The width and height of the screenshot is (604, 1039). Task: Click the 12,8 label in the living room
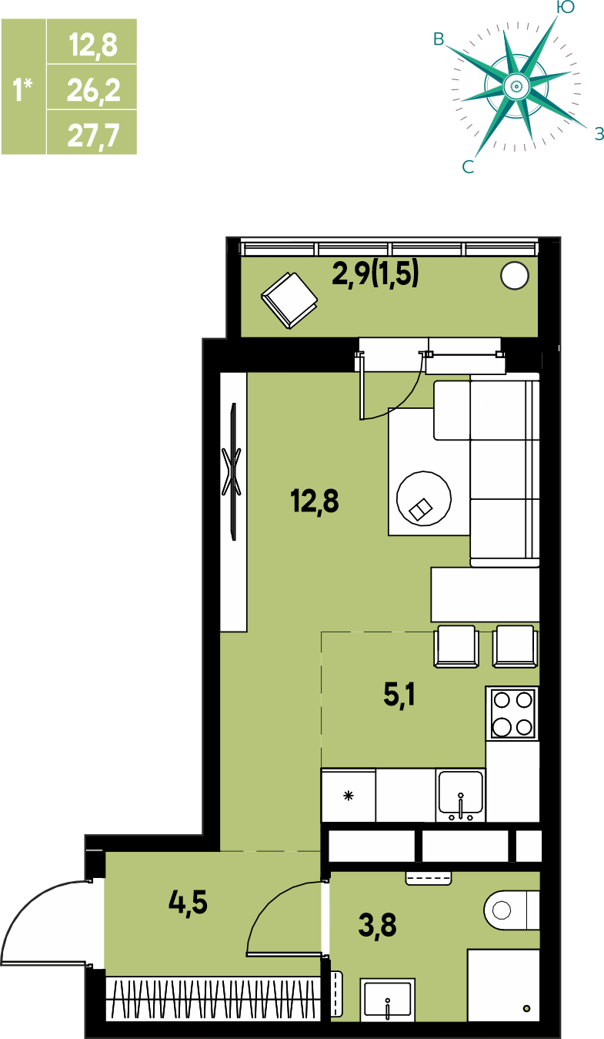315,502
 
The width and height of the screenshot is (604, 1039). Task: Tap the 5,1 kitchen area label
399,695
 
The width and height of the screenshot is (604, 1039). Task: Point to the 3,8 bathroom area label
377,925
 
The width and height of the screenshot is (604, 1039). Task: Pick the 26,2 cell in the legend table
93,90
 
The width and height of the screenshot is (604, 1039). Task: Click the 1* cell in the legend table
23,87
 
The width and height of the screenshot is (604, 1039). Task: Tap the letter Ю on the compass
565,7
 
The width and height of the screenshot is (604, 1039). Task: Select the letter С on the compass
468,166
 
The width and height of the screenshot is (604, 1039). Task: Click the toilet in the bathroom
512,910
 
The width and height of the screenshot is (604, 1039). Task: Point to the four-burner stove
512,714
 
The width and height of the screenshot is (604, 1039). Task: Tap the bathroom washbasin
388,1000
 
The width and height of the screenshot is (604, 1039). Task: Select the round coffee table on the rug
424,498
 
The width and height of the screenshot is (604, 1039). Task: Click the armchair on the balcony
289,300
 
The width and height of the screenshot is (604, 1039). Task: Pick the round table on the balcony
515,276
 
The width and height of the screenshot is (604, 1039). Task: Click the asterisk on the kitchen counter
348,796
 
